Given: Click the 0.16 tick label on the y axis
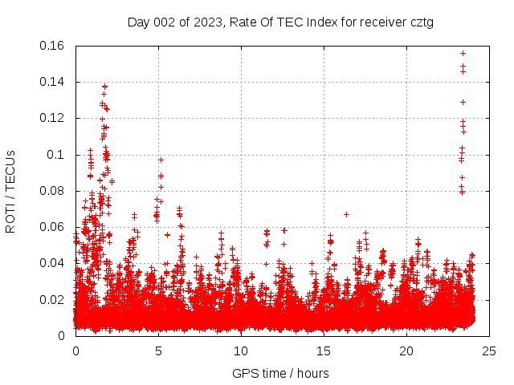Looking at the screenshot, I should pyautogui.click(x=52, y=46).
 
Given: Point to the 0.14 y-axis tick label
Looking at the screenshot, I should pyautogui.click(x=52, y=82).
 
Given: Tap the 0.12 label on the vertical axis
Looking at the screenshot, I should pyautogui.click(x=52, y=118).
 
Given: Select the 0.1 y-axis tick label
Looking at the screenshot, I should pyautogui.click(x=56, y=154).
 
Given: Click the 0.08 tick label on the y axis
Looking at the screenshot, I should pyautogui.click(x=52, y=191).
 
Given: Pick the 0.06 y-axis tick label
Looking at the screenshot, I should pyautogui.click(x=52, y=227).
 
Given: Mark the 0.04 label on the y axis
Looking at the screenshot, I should pyautogui.click(x=52, y=263).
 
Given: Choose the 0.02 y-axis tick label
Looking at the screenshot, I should pyautogui.click(x=52, y=299).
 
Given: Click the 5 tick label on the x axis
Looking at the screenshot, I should pyautogui.click(x=158, y=351).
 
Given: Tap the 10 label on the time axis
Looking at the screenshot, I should pyautogui.click(x=241, y=351).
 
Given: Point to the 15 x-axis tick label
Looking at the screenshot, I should pyautogui.click(x=324, y=351).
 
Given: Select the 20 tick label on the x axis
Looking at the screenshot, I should pyautogui.click(x=406, y=351).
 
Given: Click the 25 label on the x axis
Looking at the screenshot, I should pyautogui.click(x=489, y=351).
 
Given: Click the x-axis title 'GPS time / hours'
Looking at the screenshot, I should pyautogui.click(x=280, y=373).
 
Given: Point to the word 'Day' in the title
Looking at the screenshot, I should pyautogui.click(x=138, y=22).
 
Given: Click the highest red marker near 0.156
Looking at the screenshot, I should pyautogui.click(x=463, y=53).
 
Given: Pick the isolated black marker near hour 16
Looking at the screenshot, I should pyautogui.click(x=346, y=214).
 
